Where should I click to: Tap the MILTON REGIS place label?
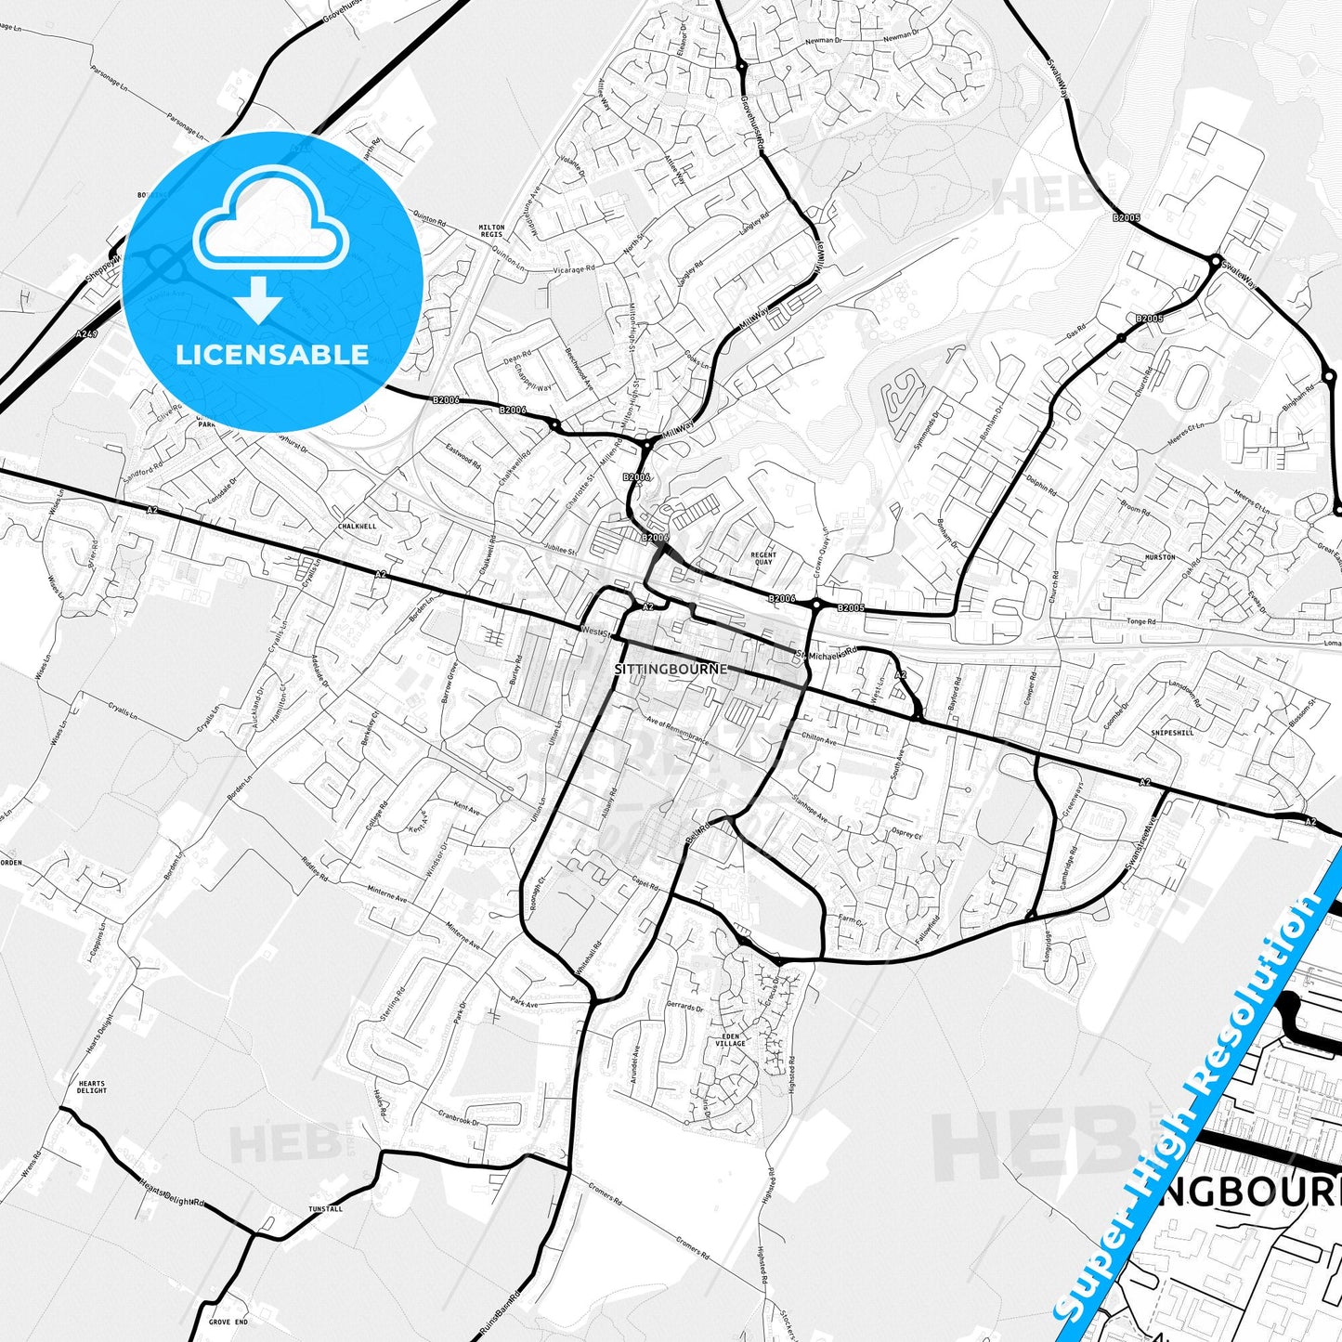[491, 231]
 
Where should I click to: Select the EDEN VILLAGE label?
[730, 1039]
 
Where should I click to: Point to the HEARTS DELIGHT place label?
[92, 1087]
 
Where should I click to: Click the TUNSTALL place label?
[325, 1209]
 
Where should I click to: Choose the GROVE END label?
[228, 1322]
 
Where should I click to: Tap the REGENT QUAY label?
[762, 558]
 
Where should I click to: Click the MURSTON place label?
[1160, 557]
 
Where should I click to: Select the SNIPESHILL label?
[1171, 732]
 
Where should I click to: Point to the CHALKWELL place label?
[358, 526]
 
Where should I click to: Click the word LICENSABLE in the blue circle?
[272, 355]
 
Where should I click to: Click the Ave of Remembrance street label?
[677, 731]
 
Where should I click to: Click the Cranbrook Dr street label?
[458, 1119]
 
